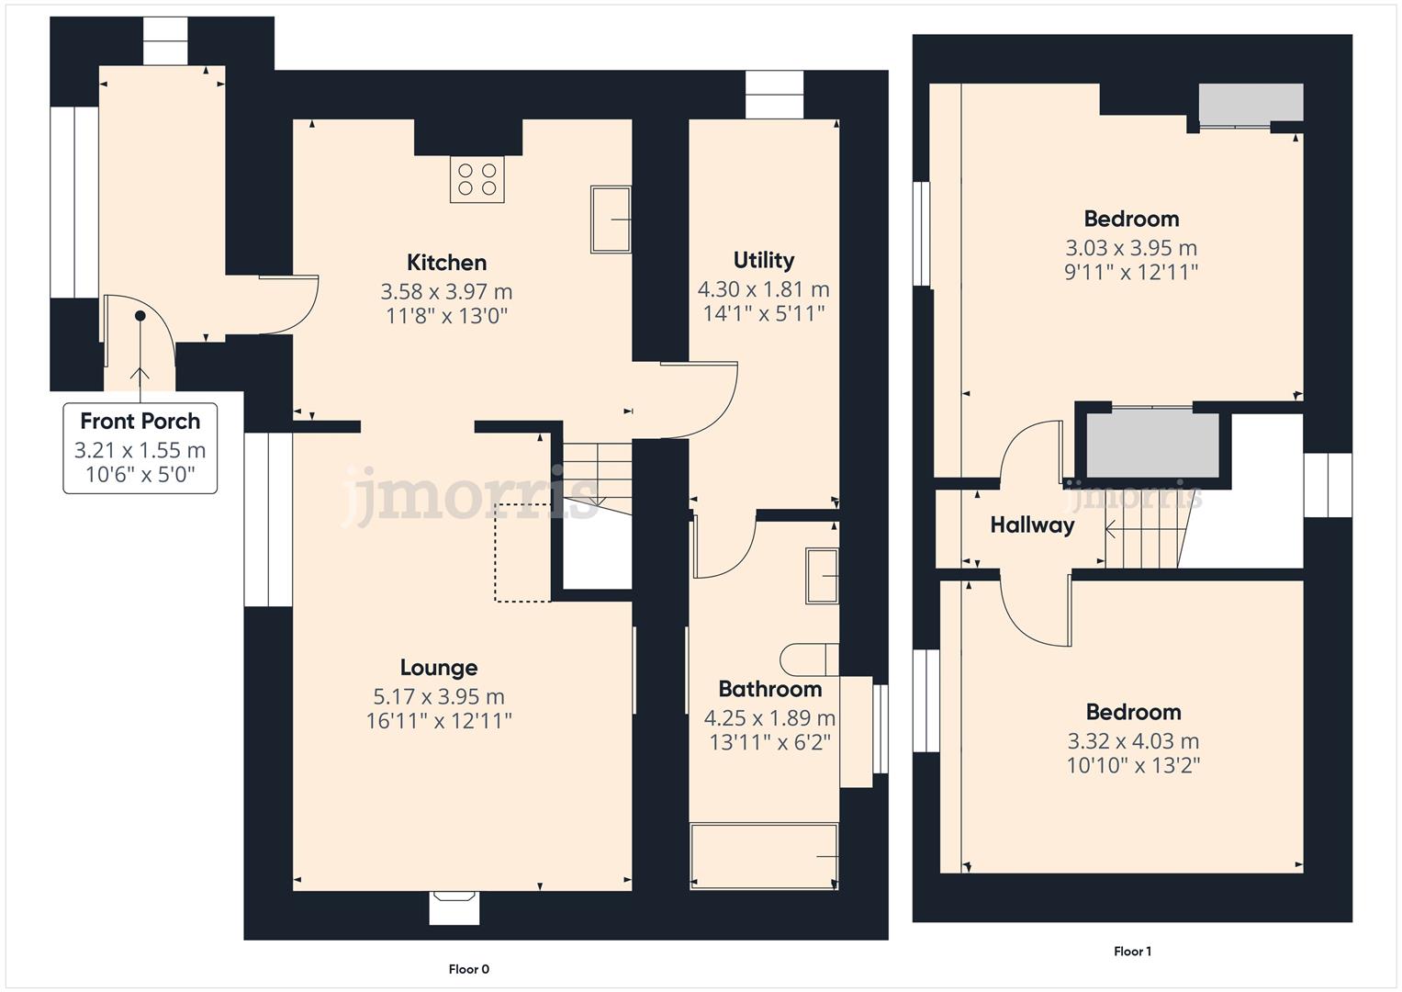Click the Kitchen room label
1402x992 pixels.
(x=446, y=263)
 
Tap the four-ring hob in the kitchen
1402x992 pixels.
(x=477, y=179)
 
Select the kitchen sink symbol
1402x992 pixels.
(x=611, y=220)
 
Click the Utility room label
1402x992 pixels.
(x=764, y=260)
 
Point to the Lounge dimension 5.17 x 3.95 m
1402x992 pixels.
(x=439, y=696)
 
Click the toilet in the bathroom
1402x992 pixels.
(x=809, y=659)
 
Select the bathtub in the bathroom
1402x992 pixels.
(x=764, y=856)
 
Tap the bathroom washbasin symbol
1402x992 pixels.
(x=822, y=576)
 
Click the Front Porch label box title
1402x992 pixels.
(x=140, y=422)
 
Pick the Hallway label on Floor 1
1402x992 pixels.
(x=1032, y=524)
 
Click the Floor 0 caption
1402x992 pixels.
(x=469, y=969)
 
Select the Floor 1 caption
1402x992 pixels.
(x=1132, y=952)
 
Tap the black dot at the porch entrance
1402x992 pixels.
(x=140, y=316)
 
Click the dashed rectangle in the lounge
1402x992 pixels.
(x=523, y=552)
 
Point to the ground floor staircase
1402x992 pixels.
(x=597, y=475)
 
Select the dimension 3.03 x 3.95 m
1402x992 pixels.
(x=1131, y=248)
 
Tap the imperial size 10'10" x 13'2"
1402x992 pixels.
(x=1133, y=765)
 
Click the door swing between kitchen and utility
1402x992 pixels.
(x=700, y=400)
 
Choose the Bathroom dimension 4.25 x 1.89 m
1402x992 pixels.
(x=769, y=717)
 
